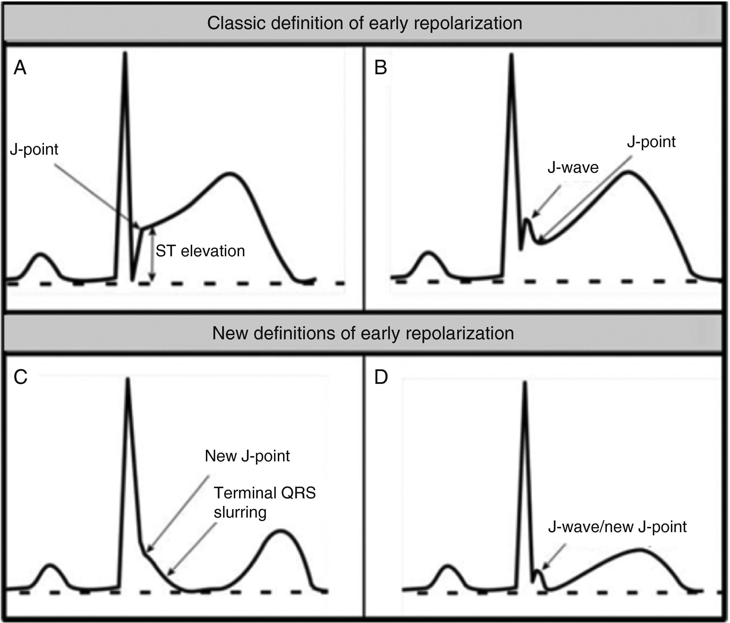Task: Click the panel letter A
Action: coord(20,68)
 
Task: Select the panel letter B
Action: coord(381,68)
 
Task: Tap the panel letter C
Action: coord(20,377)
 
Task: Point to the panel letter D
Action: coord(381,377)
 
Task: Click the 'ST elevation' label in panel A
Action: coord(200,251)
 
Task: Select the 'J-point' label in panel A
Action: coord(34,149)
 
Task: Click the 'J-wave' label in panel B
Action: coord(573,167)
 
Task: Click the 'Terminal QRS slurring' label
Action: coord(264,502)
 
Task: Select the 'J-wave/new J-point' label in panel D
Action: coord(617,527)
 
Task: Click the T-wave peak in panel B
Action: coord(628,172)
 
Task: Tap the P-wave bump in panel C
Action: coord(50,566)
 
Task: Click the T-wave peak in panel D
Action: coord(639,550)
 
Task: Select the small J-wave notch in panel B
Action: coord(527,220)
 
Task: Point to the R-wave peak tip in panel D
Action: coord(525,383)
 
